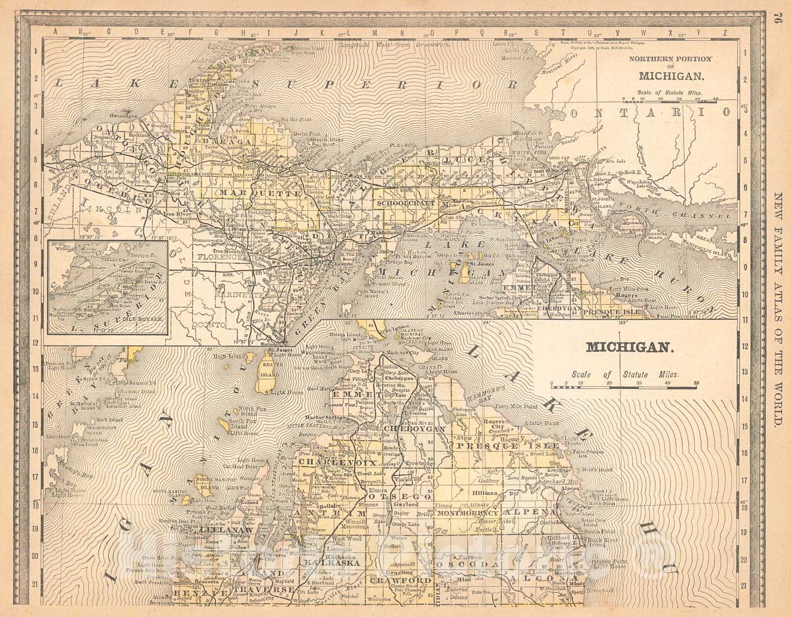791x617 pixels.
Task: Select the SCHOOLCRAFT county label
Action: [412, 203]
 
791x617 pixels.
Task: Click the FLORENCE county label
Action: [219, 257]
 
